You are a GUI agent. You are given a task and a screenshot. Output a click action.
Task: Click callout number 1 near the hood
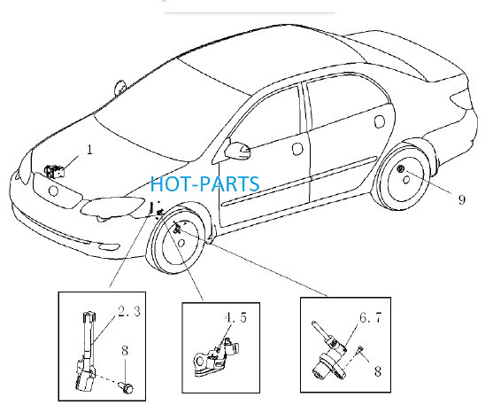[x=89, y=150]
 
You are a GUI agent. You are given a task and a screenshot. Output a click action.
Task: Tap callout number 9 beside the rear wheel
[x=461, y=199]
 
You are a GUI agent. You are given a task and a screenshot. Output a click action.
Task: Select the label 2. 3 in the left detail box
[x=129, y=311]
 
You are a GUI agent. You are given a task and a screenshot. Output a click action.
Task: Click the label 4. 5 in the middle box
[x=235, y=317]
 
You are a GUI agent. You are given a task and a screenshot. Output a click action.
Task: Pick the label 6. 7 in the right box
[x=370, y=317]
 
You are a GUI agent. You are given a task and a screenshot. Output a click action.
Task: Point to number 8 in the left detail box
[x=125, y=351]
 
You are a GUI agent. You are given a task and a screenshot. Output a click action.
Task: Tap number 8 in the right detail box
[x=378, y=371]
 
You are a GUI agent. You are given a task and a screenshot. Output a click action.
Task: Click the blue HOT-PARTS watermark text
[x=205, y=184]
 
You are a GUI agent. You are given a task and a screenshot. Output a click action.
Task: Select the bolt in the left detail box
[x=126, y=387]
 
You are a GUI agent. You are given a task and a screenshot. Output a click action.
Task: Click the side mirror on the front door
[x=238, y=151]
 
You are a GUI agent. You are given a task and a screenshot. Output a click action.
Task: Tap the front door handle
[x=297, y=149]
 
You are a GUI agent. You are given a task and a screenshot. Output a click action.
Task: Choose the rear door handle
[x=380, y=121]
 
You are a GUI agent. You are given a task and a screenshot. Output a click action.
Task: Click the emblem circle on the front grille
[x=53, y=191]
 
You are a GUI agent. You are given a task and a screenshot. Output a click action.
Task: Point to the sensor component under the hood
[x=54, y=172]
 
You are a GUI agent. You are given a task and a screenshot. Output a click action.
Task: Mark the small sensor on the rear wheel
[x=401, y=169]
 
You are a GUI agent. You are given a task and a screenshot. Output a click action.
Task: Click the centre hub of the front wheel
[x=181, y=243]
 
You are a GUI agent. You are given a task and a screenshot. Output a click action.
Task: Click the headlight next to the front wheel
[x=112, y=206]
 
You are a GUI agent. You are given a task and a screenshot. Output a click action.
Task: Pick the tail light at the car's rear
[x=462, y=97]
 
